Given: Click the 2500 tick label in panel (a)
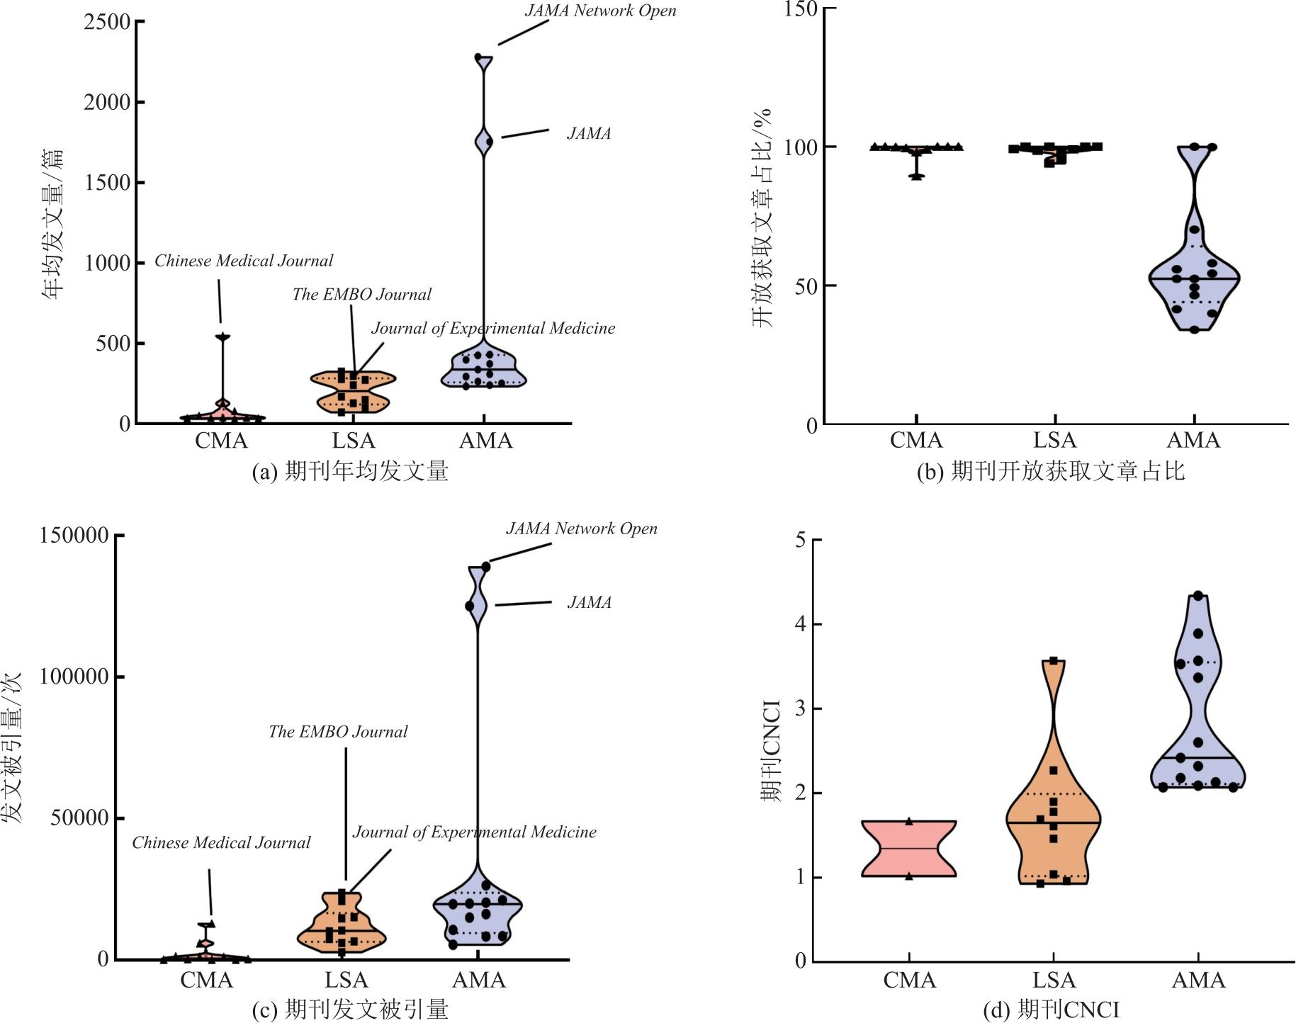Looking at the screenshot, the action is [107, 22].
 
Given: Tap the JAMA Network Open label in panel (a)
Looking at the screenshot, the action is [600, 11].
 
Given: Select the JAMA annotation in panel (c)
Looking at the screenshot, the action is [589, 602].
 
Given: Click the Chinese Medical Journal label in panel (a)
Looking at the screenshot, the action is [244, 261].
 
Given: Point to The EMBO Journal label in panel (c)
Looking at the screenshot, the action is [338, 732].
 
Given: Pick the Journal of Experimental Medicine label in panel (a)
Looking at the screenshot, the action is [493, 328].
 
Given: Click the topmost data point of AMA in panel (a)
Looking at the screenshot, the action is [478, 57].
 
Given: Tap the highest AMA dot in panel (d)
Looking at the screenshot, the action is [1198, 596].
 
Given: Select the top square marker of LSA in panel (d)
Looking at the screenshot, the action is [1054, 661].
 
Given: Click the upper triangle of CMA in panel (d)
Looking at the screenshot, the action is [909, 822].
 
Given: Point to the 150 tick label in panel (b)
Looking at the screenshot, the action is [804, 9].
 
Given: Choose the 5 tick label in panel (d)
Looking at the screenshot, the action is [801, 540].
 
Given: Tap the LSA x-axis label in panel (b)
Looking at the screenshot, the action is [1054, 441].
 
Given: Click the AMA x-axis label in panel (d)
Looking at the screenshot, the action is [1198, 980].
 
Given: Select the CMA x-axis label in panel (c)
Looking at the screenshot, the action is [206, 980].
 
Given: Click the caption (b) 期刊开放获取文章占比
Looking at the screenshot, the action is [1050, 472].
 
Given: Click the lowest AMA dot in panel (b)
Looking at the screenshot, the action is [1194, 329].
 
